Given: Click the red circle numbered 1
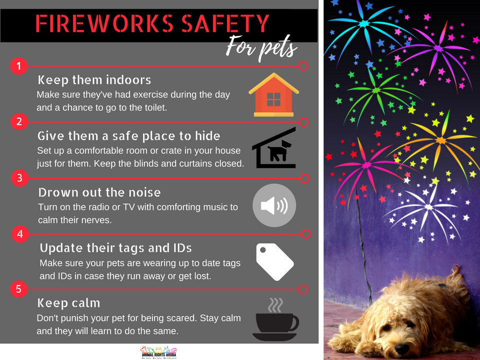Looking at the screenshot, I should click(18, 66).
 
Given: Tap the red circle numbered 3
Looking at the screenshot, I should click(18, 178).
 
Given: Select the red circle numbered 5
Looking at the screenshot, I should click(18, 289).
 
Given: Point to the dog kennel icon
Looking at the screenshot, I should click(274, 148).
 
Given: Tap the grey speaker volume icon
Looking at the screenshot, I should click(274, 205).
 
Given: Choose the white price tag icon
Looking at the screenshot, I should click(274, 262).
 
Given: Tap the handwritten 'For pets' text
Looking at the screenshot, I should click(261, 49).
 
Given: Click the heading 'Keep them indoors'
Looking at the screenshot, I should click(94, 80).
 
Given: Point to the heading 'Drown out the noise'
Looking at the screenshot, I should click(99, 192).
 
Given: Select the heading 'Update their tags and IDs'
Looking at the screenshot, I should click(115, 248).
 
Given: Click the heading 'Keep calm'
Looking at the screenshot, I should click(69, 303).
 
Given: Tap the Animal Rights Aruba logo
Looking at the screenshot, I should click(159, 352).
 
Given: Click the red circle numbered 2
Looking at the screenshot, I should click(18, 121).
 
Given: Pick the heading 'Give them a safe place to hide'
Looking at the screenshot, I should click(129, 136).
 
